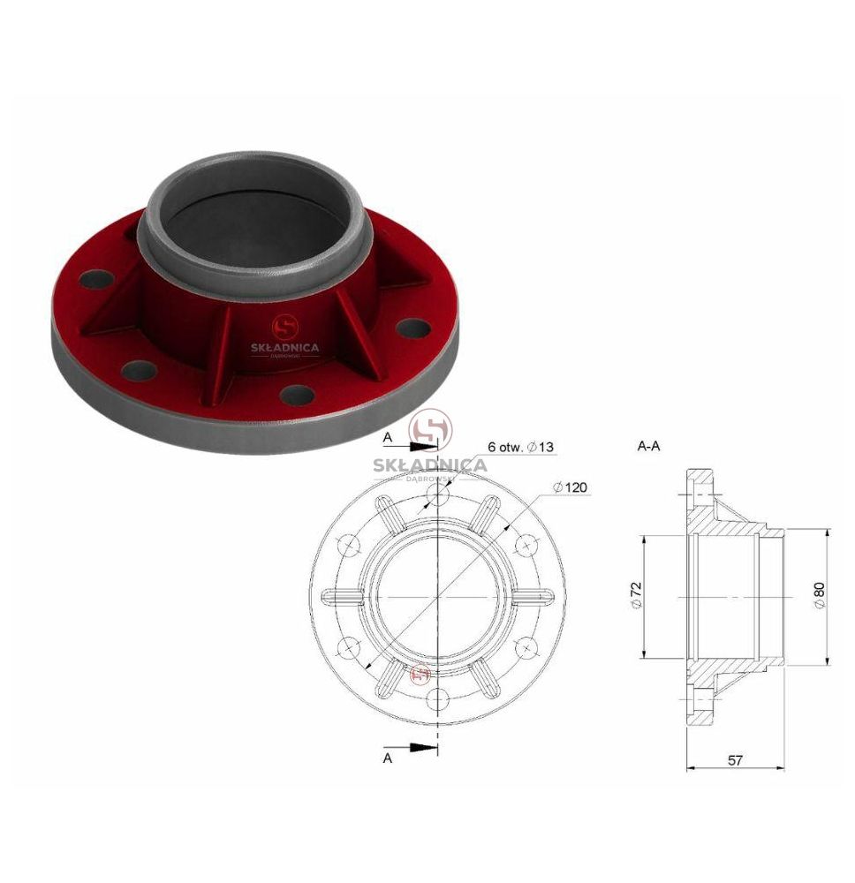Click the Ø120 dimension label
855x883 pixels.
point(570,487)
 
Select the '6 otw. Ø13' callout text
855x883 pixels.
point(520,447)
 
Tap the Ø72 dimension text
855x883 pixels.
point(637,594)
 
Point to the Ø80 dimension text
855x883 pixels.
point(819,594)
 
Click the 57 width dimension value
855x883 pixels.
point(735,760)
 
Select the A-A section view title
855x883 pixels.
point(648,447)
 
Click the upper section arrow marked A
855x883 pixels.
point(424,447)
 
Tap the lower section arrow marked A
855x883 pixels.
point(424,747)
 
